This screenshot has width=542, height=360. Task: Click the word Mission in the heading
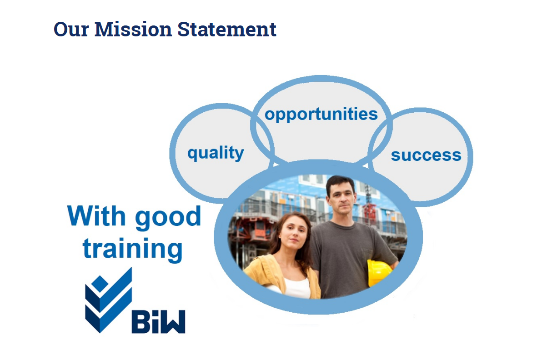point(133,29)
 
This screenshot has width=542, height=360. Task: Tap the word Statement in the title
point(227,29)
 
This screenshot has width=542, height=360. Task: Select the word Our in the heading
point(71,29)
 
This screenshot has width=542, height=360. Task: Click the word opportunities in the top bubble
point(321,115)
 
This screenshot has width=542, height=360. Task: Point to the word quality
point(216,153)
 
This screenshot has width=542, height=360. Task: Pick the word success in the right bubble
point(426,155)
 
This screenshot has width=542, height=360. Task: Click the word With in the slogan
point(96,216)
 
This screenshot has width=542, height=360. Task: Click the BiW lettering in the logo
point(158,322)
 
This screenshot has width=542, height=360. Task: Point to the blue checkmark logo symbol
point(109,300)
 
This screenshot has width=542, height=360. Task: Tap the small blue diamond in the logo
point(100,283)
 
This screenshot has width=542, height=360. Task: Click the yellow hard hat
point(379,273)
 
